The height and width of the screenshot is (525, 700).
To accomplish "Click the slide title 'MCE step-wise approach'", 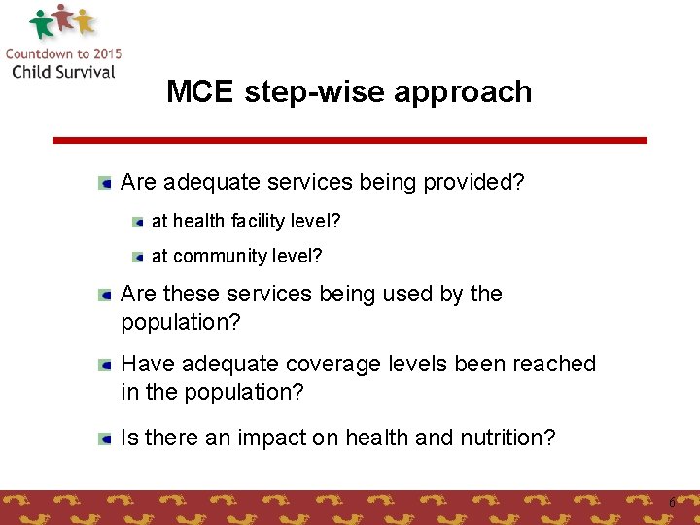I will pos(349,91).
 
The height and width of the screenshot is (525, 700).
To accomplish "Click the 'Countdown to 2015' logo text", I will pos(63,53).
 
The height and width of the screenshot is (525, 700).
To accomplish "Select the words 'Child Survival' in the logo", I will pos(63,71).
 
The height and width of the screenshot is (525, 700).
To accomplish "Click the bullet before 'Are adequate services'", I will pos(104,182).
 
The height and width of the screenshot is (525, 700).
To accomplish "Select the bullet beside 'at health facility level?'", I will pos(138,222).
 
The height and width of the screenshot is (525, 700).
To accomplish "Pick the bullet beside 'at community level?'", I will pos(138,257).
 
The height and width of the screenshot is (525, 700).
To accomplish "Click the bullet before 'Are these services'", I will pos(104,294).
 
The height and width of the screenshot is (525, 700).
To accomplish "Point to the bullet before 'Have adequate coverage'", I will pos(104,364).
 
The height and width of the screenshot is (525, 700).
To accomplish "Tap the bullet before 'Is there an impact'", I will pos(104,438).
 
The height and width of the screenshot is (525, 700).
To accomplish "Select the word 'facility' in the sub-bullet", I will pos(260,222).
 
